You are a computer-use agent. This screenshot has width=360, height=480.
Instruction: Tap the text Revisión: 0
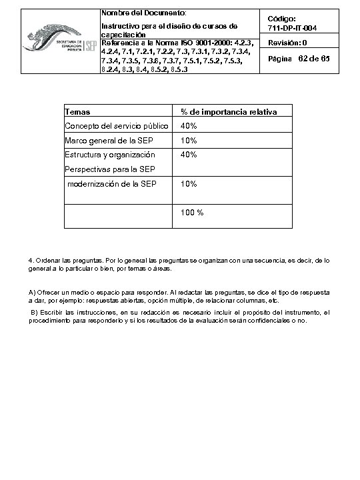click(287, 43)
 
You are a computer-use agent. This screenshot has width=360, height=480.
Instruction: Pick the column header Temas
click(77, 112)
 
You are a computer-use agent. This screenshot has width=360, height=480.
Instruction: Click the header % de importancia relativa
click(229, 112)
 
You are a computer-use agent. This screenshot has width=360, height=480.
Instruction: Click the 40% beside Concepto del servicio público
click(189, 126)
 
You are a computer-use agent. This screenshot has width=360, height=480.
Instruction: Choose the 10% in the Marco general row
click(189, 141)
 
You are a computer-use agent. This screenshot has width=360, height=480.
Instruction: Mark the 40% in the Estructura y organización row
click(189, 155)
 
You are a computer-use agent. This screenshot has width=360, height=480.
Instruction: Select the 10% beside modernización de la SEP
click(189, 184)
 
